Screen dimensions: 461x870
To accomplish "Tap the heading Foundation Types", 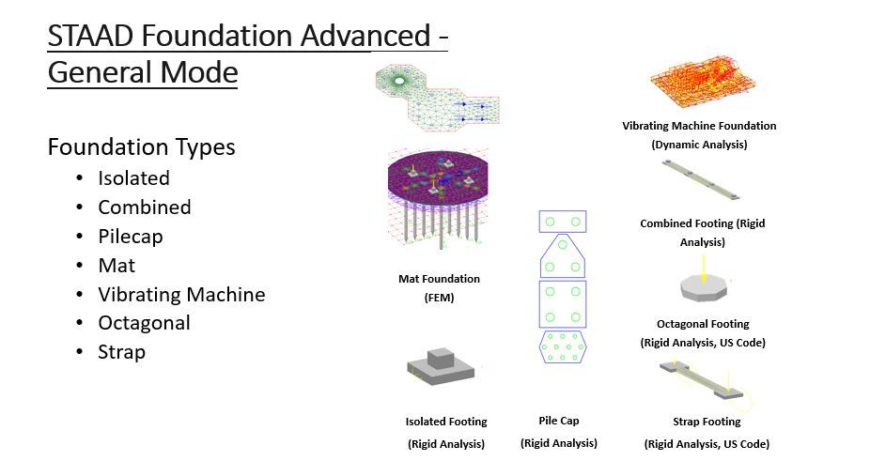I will (x=141, y=147).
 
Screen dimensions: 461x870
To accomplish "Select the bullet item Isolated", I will (x=133, y=177).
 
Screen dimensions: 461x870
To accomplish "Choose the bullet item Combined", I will (x=144, y=207).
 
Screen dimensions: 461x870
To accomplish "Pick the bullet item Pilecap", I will (x=131, y=236).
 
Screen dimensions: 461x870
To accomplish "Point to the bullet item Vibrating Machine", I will (x=181, y=294).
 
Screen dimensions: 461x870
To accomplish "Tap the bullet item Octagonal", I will (x=144, y=323).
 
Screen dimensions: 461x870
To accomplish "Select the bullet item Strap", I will (x=121, y=352).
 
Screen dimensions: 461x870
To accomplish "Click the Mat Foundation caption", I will (x=439, y=279).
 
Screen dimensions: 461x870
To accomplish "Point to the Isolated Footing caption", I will (x=446, y=422).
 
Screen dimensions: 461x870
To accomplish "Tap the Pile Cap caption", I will (x=559, y=421).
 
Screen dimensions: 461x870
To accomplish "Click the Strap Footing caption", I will (x=707, y=422).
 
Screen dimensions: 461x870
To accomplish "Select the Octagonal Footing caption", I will (x=703, y=324).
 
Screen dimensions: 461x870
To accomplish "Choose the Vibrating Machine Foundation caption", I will (x=699, y=126).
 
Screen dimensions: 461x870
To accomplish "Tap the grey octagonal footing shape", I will (x=703, y=287).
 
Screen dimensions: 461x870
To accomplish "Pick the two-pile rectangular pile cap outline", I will (x=562, y=222).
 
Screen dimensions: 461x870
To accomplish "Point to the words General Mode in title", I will (x=142, y=72).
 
